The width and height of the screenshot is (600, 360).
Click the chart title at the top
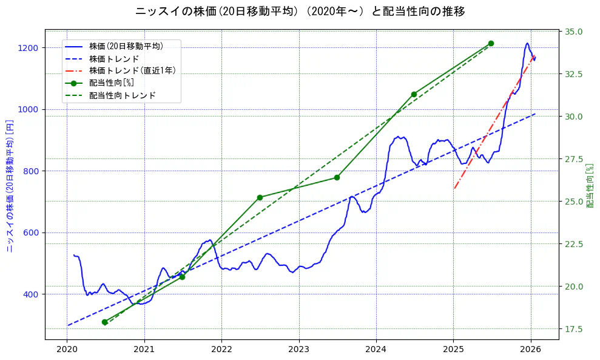pyautogui.click(x=300, y=12)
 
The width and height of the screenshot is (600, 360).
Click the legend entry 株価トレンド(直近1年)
pyautogui.click(x=132, y=70)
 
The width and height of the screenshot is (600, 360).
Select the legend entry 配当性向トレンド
pyautogui.click(x=122, y=95)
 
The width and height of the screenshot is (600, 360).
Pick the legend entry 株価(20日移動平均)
pyautogui.click(x=126, y=46)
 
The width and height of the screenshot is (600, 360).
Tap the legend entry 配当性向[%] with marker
pyautogui.click(x=111, y=83)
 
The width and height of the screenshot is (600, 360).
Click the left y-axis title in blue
pyautogui.click(x=10, y=186)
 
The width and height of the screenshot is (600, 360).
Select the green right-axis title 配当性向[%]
pyautogui.click(x=589, y=186)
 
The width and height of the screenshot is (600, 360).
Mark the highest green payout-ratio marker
pyautogui.click(x=491, y=44)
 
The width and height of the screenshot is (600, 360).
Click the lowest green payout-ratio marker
pyautogui.click(x=104, y=322)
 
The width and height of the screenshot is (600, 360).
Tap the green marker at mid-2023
pyautogui.click(x=337, y=177)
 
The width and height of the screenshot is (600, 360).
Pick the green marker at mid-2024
pyautogui.click(x=414, y=94)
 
